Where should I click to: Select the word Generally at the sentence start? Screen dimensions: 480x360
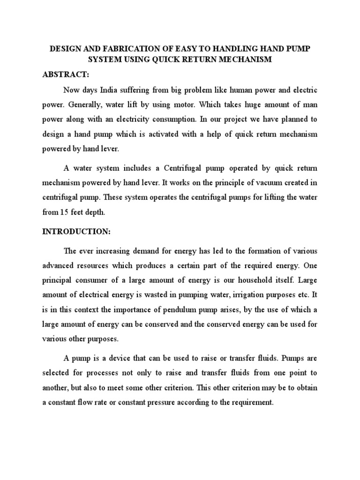76,105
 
